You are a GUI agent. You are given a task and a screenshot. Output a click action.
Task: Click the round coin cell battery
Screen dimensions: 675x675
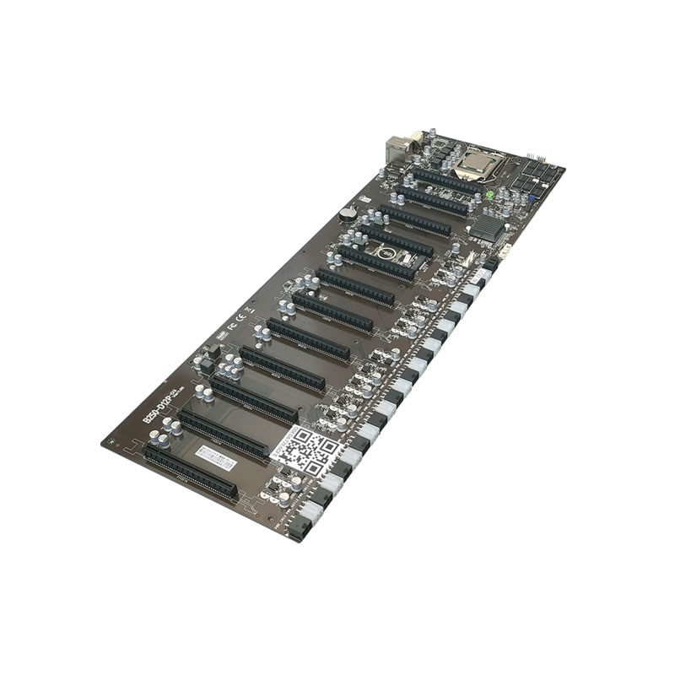347,214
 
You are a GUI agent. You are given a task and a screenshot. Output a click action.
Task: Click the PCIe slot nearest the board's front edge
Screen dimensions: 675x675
191,472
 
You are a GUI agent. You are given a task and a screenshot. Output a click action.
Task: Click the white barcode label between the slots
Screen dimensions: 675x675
215,456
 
